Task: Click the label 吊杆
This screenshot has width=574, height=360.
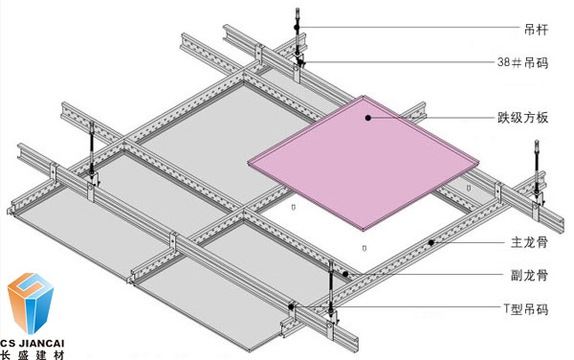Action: point(537,30)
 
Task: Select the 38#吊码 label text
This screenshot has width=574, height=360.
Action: point(522,62)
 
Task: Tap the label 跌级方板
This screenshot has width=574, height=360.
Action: point(522,118)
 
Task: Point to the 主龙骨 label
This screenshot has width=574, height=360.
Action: point(529,242)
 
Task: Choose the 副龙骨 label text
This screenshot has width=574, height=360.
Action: point(529,275)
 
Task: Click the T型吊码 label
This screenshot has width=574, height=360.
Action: point(526,308)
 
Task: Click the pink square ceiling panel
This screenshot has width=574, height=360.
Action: point(364,163)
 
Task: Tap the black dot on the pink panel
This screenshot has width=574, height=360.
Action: point(368,118)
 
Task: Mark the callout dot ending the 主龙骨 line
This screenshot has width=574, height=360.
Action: point(431,242)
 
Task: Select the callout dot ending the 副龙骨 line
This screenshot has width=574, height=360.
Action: point(345,274)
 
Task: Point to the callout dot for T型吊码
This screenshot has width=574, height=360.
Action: point(291,307)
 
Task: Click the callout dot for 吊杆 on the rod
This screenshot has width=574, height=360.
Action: point(297,27)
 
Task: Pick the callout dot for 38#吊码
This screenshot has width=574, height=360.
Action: point(300,62)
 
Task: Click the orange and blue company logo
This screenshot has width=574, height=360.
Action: point(31,303)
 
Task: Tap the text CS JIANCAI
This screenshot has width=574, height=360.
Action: point(33,343)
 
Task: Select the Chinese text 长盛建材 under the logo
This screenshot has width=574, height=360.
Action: point(33,355)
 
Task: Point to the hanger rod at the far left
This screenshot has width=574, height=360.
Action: point(92,147)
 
